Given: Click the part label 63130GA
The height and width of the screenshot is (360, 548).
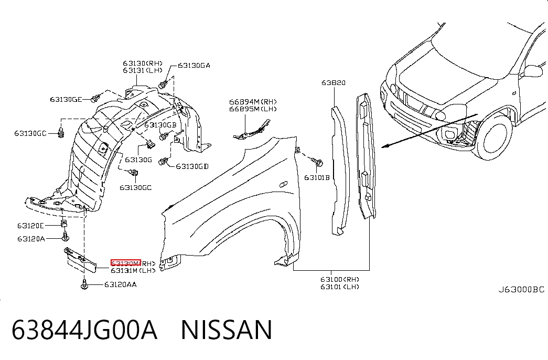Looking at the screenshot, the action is tap(194, 66).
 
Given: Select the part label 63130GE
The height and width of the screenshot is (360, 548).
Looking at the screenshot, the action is tap(66, 99).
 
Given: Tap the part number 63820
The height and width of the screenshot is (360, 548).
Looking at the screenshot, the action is tap(334, 82).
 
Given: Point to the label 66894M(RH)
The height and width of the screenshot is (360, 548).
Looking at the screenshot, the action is tap(253, 102).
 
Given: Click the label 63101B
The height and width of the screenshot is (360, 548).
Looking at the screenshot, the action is tap(317, 177).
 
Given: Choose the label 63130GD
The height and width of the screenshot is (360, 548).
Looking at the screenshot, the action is tap(192, 166).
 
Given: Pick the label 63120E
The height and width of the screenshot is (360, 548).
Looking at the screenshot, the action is tap(30, 226).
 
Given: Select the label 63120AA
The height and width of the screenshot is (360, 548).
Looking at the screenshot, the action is tap(121, 284).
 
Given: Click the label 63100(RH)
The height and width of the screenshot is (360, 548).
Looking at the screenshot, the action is tap(340, 279).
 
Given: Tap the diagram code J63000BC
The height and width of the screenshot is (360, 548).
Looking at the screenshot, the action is tap(521, 289).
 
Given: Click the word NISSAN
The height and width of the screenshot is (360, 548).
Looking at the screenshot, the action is tap(226, 330).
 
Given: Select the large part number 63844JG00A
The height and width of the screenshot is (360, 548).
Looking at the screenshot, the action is tap(84, 330).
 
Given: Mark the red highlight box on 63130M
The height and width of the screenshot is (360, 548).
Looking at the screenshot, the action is tap(125, 263).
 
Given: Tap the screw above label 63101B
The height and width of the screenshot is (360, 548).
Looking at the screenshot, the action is tap(317, 162).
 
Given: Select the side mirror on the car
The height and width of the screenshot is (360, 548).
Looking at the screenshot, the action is tap(533, 71).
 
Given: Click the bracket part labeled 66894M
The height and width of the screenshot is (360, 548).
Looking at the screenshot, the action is tap(252, 130).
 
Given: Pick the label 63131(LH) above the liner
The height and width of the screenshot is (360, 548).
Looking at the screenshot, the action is tap(143, 70).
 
